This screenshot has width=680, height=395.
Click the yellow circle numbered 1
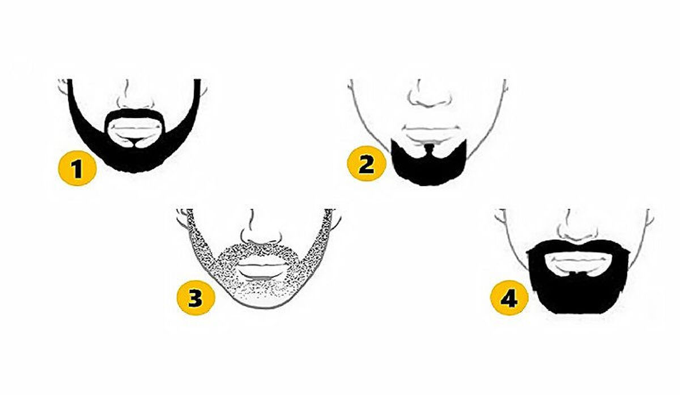78,168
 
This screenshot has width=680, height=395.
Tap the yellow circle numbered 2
367,163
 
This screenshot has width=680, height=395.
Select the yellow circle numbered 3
196,298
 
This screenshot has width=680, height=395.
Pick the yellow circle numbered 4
509,298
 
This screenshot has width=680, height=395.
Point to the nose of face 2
430,96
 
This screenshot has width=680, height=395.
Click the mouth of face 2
431,134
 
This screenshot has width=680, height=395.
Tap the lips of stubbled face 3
263,271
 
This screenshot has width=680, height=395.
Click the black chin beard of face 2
428,167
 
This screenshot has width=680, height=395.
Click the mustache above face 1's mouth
135,114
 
